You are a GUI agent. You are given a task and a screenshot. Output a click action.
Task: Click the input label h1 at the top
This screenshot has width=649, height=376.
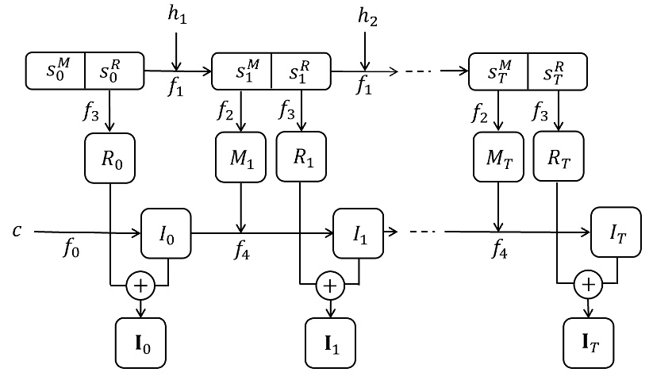click(177, 16)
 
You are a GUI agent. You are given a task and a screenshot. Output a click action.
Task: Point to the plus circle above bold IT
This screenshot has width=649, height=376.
click(588, 285)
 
